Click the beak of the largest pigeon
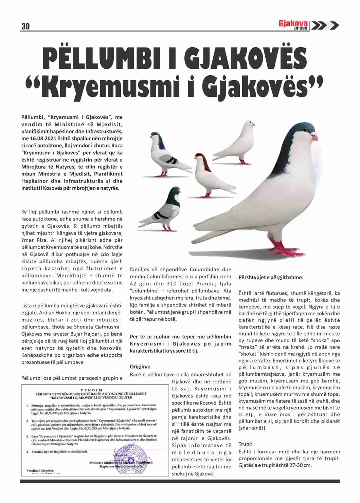314,137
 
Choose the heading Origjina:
140,367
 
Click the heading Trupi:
245,444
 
